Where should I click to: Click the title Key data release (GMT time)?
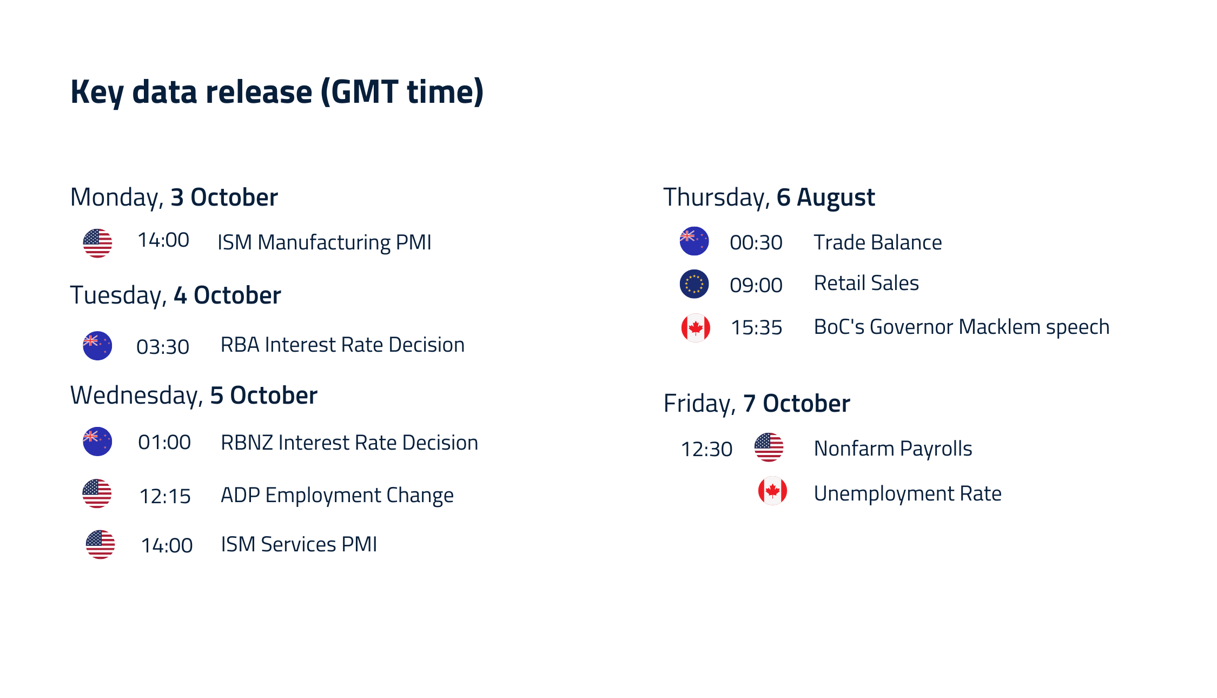[277, 92]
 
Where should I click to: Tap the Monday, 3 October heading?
[174, 197]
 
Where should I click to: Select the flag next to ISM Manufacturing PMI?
[97, 243]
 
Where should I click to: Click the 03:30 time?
[163, 347]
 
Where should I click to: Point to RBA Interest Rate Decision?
[342, 345]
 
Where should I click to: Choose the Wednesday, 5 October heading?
[194, 396]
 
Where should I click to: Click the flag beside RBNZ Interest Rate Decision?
[97, 442]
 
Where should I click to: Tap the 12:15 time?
[165, 496]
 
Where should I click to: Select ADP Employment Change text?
[337, 496]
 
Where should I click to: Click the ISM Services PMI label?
[299, 544]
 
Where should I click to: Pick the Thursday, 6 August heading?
[769, 197]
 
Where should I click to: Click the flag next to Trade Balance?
[695, 241]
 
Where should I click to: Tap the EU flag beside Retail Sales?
[695, 284]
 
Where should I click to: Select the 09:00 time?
[756, 285]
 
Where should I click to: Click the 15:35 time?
[756, 327]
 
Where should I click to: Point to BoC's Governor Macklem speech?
[962, 327]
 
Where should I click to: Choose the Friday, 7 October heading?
[757, 404]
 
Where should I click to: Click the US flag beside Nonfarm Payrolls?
[769, 447]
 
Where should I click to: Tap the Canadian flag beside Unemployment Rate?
[772, 491]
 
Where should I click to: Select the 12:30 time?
[706, 449]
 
